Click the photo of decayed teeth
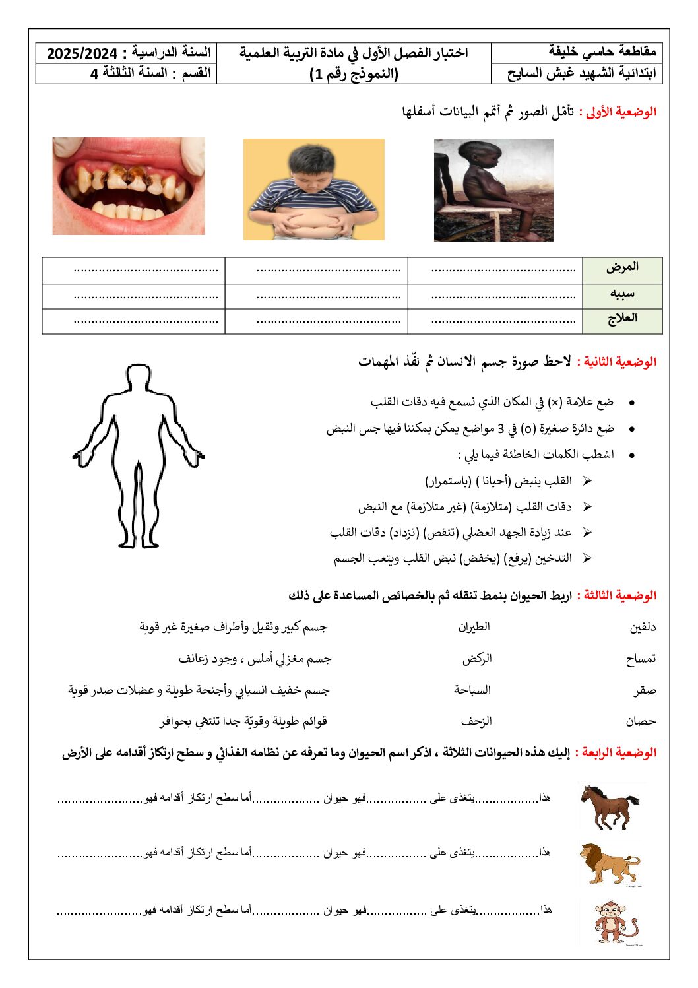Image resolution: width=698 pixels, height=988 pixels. point(129,185)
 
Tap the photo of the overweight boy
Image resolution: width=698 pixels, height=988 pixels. point(313,189)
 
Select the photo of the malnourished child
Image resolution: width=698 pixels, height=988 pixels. point(493,189)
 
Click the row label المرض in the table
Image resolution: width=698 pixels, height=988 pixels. point(622,267)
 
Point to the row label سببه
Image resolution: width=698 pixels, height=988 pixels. point(622,293)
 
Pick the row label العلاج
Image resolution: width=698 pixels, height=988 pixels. point(622,318)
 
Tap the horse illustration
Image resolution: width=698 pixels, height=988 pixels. point(609,806)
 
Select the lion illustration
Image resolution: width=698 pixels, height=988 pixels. point(610,863)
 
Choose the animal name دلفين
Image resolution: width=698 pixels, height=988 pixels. point(643,628)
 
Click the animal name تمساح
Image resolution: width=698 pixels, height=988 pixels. point(641,659)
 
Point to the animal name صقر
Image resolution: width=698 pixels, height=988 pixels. point(645,690)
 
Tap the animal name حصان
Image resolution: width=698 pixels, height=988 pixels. point(641,721)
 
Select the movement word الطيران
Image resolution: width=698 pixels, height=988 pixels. point(474,627)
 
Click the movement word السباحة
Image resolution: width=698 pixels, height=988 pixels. point(472,690)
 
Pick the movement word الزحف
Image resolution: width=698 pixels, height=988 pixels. point(476,721)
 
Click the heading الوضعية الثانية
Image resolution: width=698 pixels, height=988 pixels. point(616,362)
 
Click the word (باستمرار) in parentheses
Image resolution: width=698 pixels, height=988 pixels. point(449,480)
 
